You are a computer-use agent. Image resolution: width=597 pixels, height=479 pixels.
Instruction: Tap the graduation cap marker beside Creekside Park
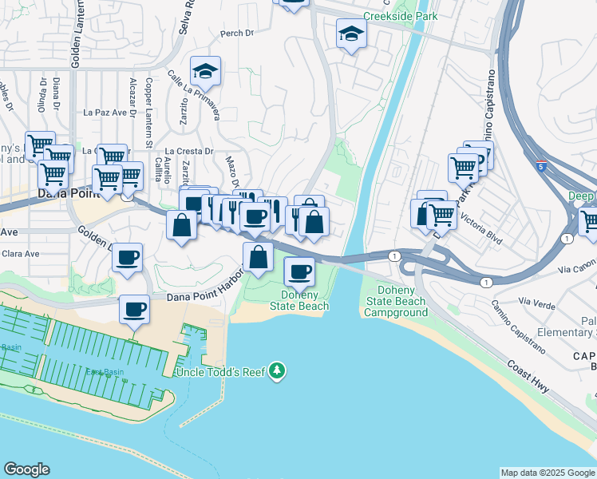(350, 34)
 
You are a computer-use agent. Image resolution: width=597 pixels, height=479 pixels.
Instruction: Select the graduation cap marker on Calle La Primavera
(205, 72)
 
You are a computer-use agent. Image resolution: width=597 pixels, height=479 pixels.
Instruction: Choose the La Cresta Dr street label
(189, 150)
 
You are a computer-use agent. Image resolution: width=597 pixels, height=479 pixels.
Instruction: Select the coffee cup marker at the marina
(135, 310)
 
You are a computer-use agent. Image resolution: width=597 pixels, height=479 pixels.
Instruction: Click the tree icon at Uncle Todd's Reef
(277, 370)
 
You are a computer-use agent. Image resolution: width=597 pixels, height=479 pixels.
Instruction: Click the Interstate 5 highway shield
(542, 167)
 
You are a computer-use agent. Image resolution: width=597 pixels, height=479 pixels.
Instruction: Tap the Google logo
(27, 469)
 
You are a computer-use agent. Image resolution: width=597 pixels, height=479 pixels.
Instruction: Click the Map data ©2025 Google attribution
(548, 473)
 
